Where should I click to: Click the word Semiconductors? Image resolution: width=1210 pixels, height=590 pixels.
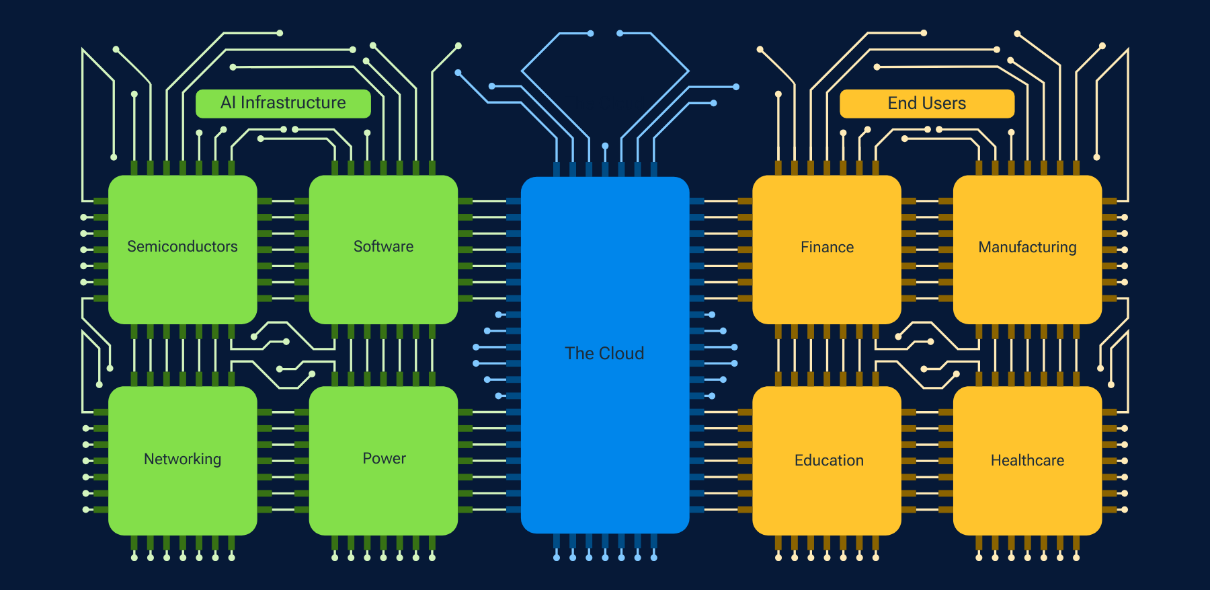(182, 247)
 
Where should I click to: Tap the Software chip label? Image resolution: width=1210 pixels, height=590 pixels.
(383, 247)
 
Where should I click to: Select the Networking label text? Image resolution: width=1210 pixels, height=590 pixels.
(182, 459)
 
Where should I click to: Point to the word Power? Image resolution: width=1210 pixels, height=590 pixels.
(384, 458)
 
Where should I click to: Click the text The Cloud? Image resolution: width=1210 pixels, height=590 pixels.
(604, 353)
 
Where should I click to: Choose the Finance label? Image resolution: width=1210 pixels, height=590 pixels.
(827, 248)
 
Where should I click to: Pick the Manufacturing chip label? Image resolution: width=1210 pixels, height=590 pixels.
(1027, 248)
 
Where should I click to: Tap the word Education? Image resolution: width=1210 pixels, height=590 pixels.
(829, 460)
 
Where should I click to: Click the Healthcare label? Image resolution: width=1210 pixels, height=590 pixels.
(1027, 460)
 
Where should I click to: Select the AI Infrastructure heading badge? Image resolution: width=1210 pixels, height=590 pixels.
(283, 104)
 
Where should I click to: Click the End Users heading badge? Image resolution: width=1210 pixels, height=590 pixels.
(926, 104)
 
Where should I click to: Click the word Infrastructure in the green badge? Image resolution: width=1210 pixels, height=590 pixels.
(293, 103)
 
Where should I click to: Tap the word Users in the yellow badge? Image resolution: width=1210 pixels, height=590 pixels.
(944, 104)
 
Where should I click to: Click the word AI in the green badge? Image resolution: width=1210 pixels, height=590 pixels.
(228, 103)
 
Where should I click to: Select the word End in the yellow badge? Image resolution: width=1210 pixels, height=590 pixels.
(902, 104)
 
